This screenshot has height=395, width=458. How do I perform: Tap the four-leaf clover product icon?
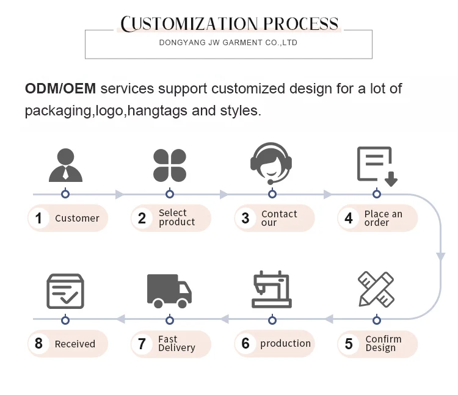coord(169,165)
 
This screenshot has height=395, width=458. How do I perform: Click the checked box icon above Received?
coord(65,291)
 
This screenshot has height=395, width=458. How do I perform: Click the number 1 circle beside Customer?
coord(38,218)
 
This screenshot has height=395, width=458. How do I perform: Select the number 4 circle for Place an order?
coord(349,218)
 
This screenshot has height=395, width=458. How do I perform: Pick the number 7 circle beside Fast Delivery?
coord(142,344)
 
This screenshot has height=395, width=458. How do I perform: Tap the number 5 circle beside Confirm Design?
coord(349,344)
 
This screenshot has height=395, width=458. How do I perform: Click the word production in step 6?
coord(285,344)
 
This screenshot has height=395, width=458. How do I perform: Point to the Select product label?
coord(176,217)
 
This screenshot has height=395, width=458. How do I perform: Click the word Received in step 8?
coord(75,344)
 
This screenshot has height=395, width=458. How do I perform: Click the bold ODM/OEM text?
coord(60,89)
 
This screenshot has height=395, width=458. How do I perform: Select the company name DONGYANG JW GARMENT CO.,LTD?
coord(228,43)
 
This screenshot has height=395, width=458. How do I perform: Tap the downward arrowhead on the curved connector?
coord(440,257)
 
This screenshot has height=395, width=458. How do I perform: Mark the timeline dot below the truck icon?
coord(169,319)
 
